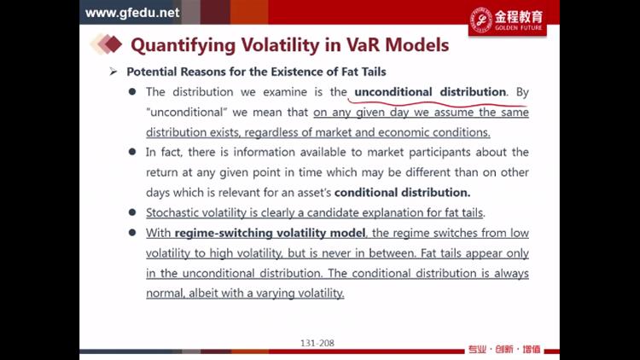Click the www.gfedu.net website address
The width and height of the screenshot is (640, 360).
coord(131,13)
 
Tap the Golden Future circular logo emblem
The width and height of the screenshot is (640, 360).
coord(481,20)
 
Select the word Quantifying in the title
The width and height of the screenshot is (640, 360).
coord(183,46)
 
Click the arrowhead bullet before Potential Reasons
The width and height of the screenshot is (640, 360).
coord(113,72)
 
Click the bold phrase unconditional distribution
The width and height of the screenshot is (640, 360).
coord(430,92)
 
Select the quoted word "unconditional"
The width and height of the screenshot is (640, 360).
coord(187,112)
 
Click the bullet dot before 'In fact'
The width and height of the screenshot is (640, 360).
coord(132,152)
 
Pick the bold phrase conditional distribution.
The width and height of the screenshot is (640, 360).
coord(402,192)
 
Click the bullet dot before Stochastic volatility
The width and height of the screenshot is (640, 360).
coord(132,212)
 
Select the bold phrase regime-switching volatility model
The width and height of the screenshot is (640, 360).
coord(270,233)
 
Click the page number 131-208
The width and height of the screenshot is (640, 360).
coord(317,343)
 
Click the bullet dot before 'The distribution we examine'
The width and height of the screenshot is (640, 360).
coord(132,91)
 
